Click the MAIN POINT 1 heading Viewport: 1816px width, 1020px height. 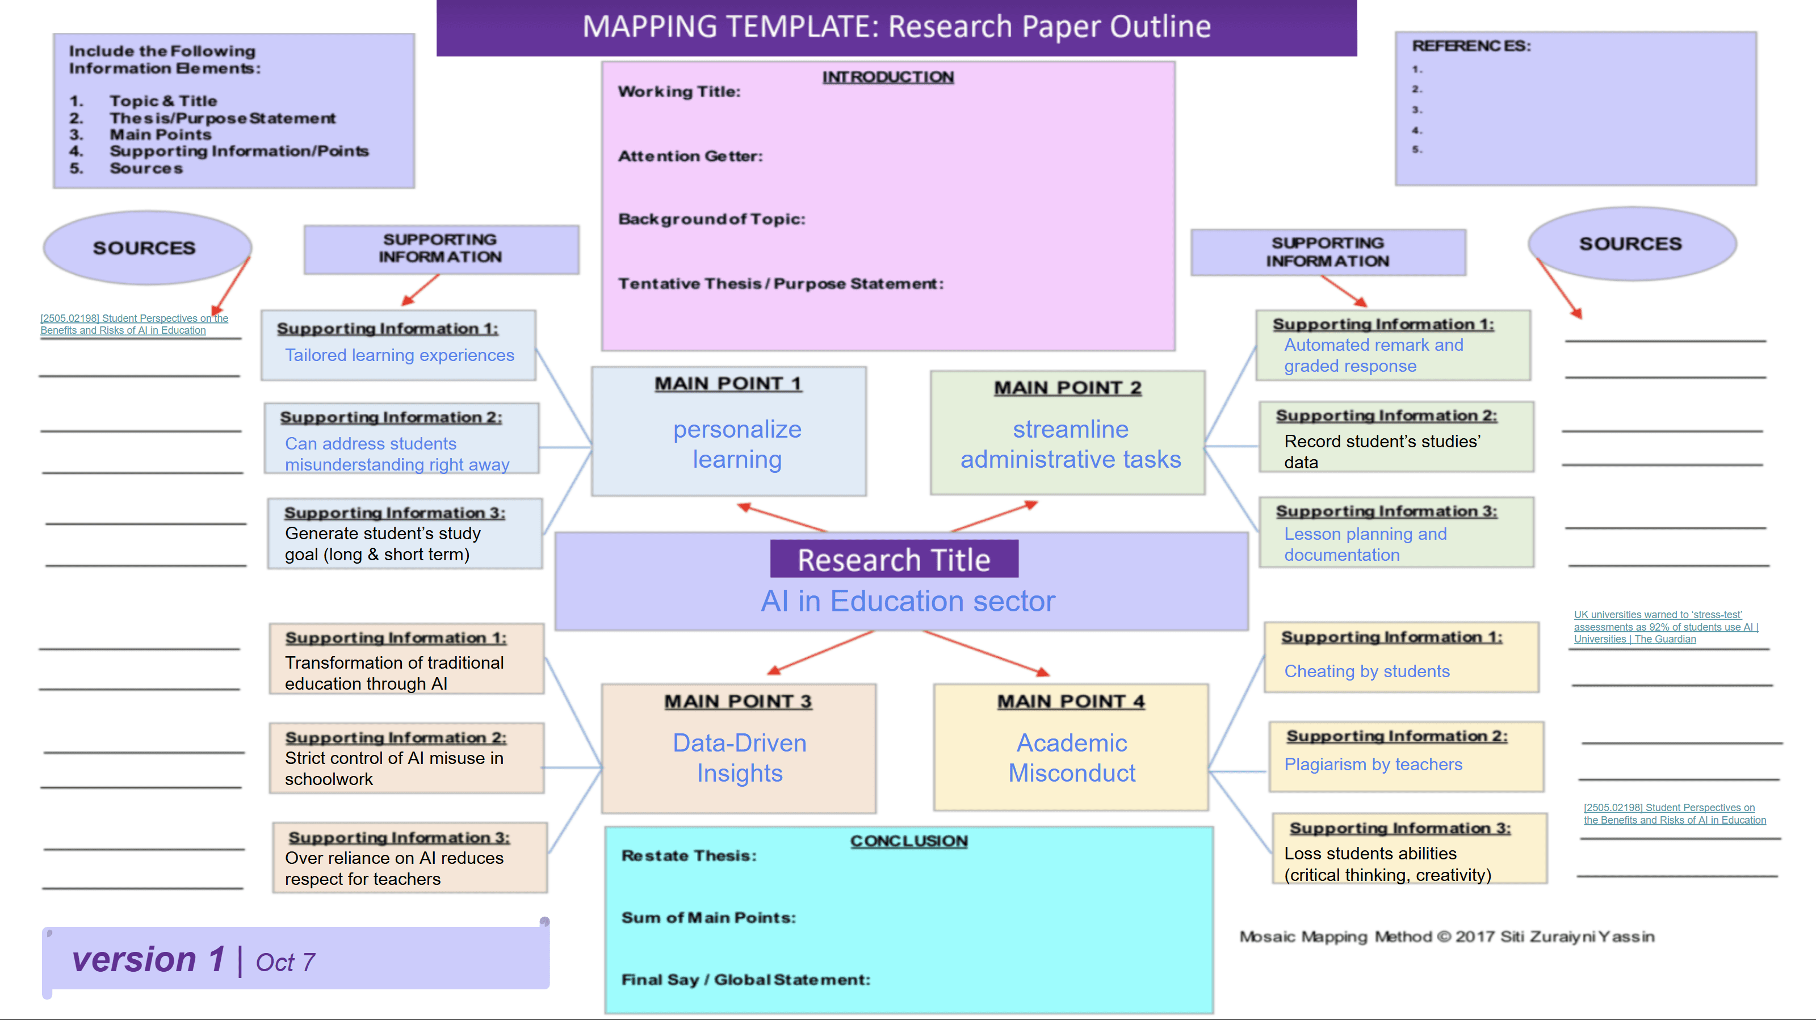(728, 384)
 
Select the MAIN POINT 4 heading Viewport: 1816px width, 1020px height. (1071, 702)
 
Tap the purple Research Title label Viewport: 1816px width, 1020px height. (894, 560)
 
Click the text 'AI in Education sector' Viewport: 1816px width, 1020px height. (908, 601)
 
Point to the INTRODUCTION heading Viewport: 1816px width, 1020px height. (888, 77)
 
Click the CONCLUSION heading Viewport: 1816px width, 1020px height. (909, 841)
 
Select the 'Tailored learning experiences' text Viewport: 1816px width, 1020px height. (400, 355)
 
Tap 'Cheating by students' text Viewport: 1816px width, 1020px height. (1367, 671)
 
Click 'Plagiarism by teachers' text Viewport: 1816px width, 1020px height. (1373, 765)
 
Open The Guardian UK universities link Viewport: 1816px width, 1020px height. (1666, 627)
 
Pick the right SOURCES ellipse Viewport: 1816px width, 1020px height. (1632, 244)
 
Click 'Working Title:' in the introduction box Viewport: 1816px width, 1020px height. (679, 91)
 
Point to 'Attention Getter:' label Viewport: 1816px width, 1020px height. (690, 156)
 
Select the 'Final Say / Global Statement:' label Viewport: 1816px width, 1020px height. (746, 980)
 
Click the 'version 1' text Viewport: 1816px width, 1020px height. (148, 959)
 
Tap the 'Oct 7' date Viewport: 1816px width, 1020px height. (286, 962)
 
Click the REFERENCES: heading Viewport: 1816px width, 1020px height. (1471, 46)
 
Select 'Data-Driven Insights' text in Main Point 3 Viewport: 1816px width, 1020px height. (740, 758)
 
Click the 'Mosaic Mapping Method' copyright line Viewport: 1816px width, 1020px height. (1446, 937)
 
